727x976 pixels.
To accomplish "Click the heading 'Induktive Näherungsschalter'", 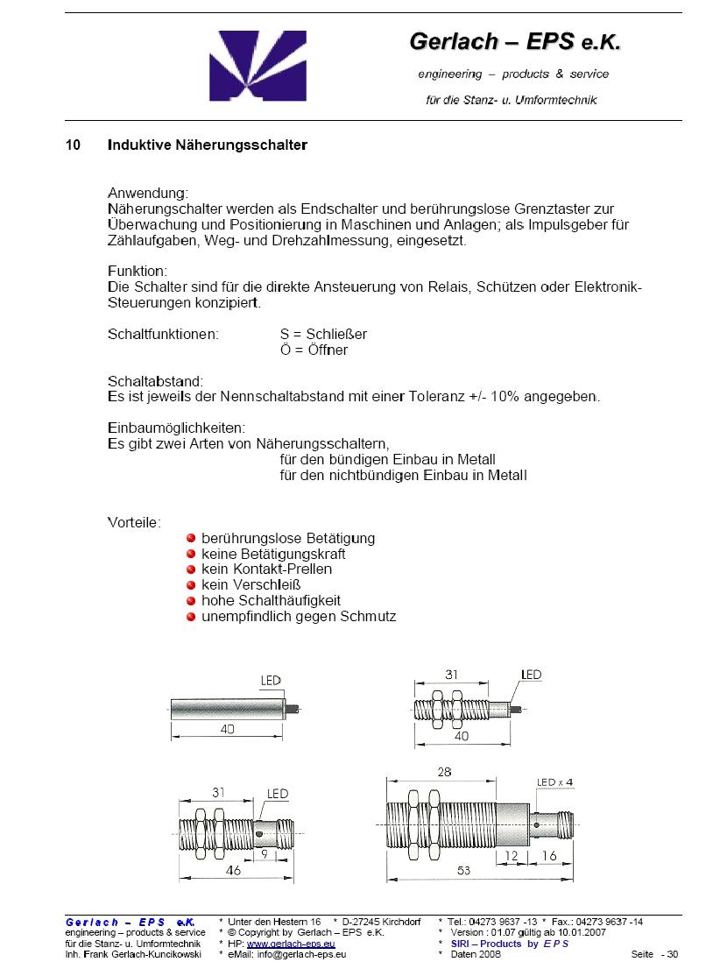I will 207,145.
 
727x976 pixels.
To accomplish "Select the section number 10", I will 73,145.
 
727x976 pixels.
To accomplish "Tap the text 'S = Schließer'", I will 323,335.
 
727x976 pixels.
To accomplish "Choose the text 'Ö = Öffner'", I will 314,350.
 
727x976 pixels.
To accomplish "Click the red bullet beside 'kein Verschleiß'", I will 191,585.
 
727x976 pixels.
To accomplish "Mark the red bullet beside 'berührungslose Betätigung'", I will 191,538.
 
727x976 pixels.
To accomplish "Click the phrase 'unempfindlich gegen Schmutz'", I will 299,617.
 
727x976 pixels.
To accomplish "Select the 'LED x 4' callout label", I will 554,782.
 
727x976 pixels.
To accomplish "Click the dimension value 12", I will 513,855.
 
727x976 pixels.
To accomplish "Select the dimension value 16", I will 549,855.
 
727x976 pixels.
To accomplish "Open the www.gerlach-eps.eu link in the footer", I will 291,944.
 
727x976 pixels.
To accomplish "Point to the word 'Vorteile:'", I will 134,522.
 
